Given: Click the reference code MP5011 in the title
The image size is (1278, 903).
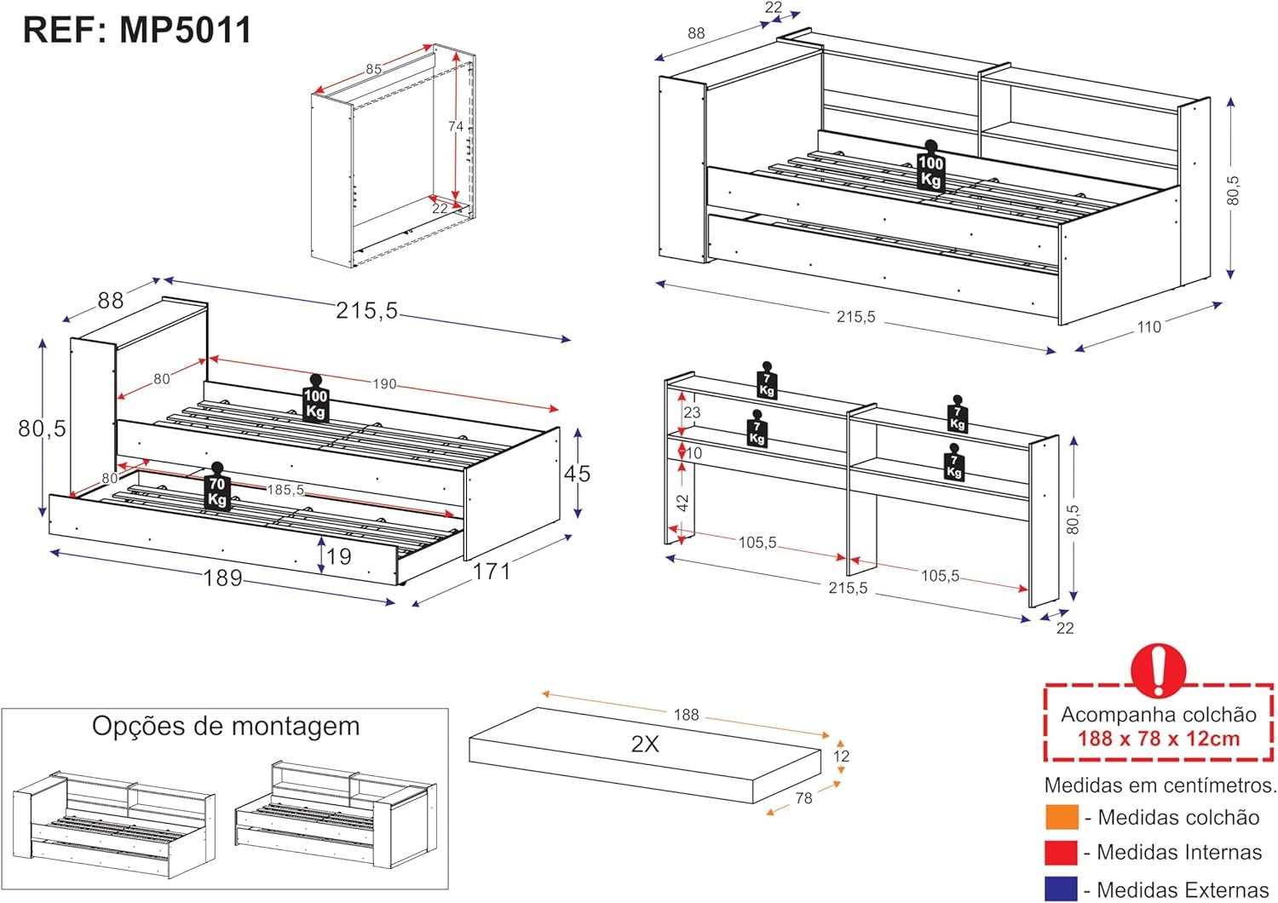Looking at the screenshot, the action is (x=186, y=30).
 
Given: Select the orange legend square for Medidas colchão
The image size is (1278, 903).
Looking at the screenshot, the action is (x=1062, y=818).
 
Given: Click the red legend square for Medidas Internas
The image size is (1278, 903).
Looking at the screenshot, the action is (x=1062, y=852).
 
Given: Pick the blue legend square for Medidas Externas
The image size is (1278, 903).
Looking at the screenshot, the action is (x=1062, y=889).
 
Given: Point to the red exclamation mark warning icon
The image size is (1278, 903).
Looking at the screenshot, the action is (x=1158, y=670).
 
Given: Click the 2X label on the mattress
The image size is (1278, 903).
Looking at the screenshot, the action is (x=645, y=744).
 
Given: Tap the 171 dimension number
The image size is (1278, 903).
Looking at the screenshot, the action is (x=492, y=571).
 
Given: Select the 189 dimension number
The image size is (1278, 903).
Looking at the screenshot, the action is (x=222, y=578).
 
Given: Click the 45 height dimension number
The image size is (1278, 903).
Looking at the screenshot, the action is (x=577, y=474).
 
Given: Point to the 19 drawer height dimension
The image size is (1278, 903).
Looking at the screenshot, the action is (x=339, y=557).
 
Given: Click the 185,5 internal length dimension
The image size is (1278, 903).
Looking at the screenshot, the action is (x=285, y=490).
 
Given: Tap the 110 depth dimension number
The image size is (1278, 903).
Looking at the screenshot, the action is (x=1148, y=327).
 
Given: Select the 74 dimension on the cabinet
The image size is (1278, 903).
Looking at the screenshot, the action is (x=455, y=126).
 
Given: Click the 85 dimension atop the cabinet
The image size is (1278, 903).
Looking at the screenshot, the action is (x=374, y=69).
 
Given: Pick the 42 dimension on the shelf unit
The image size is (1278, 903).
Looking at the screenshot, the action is (x=682, y=503).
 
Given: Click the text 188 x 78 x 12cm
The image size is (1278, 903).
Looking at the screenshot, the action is (x=1159, y=739).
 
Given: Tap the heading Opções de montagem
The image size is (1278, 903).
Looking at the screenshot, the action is (x=226, y=727).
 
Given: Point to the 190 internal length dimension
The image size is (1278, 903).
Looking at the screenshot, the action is (x=384, y=384).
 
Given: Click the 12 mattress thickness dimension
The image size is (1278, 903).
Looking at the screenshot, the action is (x=841, y=756).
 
